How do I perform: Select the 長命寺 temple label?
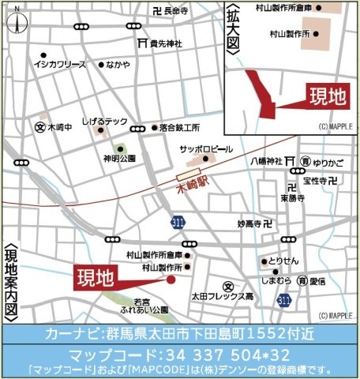click(177, 11)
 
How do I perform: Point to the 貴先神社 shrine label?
click(166, 43)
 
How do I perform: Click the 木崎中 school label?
click(59, 126)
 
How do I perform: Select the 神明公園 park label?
click(118, 158)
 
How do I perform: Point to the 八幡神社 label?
click(266, 161)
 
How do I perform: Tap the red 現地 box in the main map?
click(96, 277)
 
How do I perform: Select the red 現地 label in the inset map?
click(326, 97)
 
